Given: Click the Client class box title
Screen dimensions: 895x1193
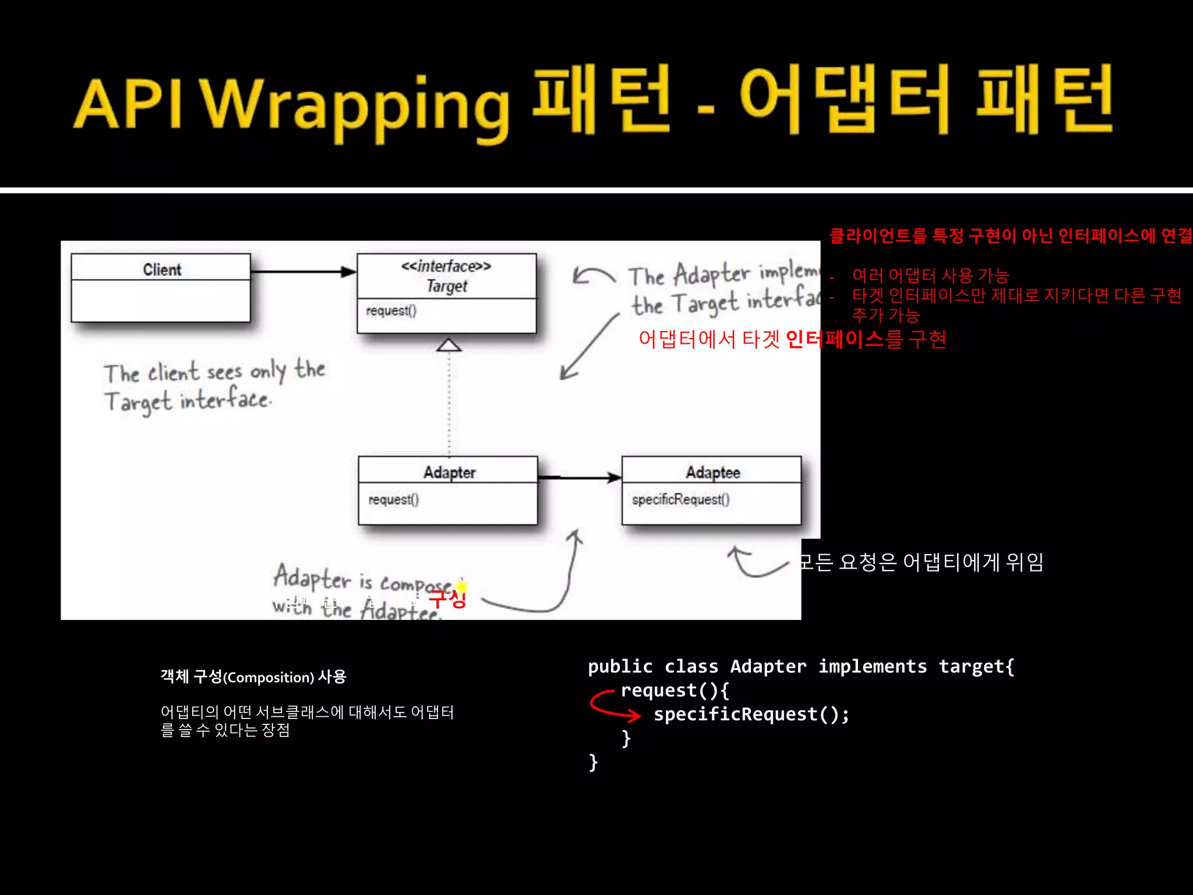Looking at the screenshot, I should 162,269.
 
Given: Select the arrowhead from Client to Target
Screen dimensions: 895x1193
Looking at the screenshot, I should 348,272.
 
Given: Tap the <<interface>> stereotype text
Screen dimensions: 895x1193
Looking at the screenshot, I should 446,266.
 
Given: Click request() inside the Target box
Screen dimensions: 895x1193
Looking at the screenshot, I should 391,311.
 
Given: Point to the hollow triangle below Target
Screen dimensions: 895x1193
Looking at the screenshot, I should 449,345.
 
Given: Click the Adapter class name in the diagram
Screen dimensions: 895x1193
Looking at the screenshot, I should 449,472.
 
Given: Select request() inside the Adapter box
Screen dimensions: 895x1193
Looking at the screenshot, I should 393,499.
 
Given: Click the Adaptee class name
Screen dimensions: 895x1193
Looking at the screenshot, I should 712,472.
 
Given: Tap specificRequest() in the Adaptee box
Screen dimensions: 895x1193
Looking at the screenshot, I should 680,499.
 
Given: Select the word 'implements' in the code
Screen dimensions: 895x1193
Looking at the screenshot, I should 872,666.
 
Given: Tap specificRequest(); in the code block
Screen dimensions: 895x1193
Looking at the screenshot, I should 751,714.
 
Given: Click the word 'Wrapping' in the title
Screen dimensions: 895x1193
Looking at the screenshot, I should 357,105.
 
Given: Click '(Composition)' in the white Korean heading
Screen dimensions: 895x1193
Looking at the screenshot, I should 269,677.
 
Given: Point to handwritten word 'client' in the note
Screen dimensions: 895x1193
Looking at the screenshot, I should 173,372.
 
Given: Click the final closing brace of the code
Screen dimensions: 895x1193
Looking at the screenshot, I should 593,762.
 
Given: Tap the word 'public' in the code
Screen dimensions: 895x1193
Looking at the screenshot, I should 620,666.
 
